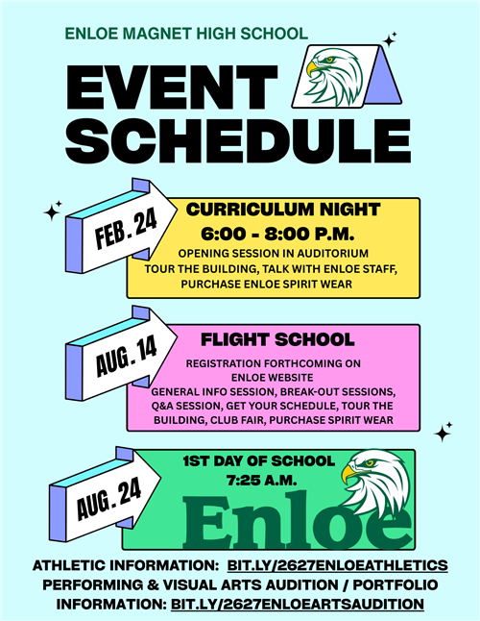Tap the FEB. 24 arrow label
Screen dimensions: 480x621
(x=126, y=232)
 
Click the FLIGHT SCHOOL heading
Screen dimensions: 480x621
(x=277, y=339)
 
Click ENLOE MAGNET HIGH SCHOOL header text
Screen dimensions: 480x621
(x=186, y=34)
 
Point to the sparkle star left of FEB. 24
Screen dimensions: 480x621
(x=53, y=209)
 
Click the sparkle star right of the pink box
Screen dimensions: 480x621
(x=444, y=433)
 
